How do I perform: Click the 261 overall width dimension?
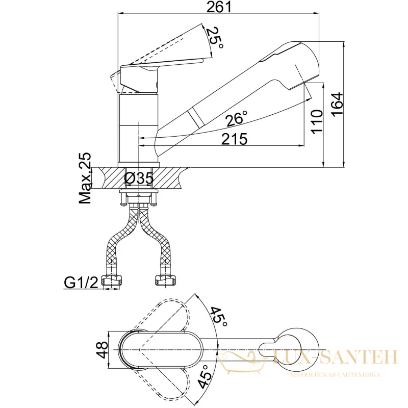coord(219,7)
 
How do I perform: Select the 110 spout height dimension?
coord(317,122)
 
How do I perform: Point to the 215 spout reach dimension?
coord(234,139)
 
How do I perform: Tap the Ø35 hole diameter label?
coord(139,178)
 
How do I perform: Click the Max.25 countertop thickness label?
coord(85,178)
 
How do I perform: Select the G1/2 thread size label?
coord(81,283)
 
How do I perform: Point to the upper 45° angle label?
coord(219,317)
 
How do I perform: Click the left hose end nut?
coord(112,280)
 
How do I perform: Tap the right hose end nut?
coord(165,280)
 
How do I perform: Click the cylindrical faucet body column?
coord(138,129)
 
